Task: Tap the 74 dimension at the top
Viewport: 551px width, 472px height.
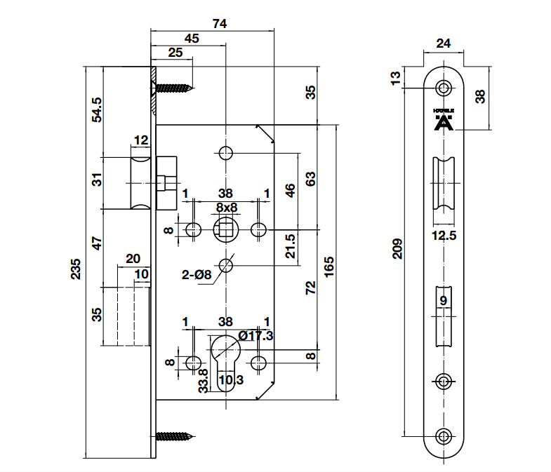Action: click(220, 23)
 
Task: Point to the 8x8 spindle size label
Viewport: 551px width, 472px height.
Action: click(226, 207)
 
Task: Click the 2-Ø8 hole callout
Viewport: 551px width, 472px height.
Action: click(197, 276)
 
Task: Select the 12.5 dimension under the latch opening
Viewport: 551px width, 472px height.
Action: click(444, 236)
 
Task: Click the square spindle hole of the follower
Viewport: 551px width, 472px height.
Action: click(226, 228)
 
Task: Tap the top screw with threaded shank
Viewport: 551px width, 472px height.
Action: click(173, 88)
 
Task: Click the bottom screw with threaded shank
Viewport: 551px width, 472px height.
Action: click(175, 436)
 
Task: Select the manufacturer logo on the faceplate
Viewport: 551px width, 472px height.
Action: click(443, 121)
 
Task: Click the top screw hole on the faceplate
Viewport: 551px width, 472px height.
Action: click(444, 88)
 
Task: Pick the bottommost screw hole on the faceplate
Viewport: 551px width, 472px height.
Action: click(444, 436)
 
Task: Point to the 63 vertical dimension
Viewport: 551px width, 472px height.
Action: click(310, 178)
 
